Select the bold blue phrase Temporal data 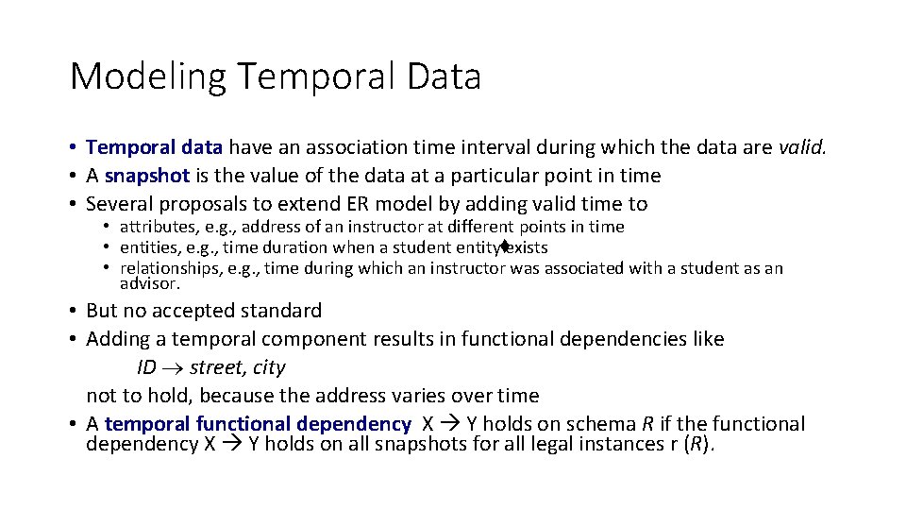[x=154, y=147]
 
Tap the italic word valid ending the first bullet [x=802, y=147]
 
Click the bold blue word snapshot [x=147, y=176]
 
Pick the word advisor [x=149, y=283]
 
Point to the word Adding [x=118, y=339]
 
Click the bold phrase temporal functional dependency [x=258, y=424]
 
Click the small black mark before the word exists [x=505, y=246]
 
